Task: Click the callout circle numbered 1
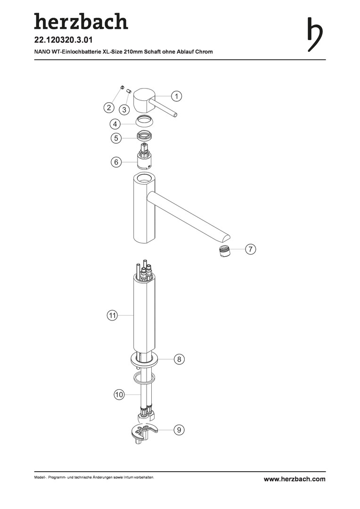pyautogui.click(x=177, y=96)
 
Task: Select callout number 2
pyautogui.click(x=109, y=107)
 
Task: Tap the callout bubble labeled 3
pyautogui.click(x=124, y=110)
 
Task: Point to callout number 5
pyautogui.click(x=116, y=138)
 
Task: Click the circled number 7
pyautogui.click(x=250, y=249)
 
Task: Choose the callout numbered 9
pyautogui.click(x=179, y=430)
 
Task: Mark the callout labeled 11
pyautogui.click(x=112, y=315)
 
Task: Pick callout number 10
pyautogui.click(x=119, y=394)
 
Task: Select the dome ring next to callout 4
pyautogui.click(x=145, y=121)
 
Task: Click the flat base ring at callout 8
pyautogui.click(x=145, y=359)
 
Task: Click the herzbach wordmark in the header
pyautogui.click(x=81, y=21)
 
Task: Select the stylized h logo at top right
pyautogui.click(x=315, y=34)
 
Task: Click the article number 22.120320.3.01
pyautogui.click(x=64, y=40)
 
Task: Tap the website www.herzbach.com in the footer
pyautogui.click(x=295, y=479)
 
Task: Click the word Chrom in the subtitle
pyautogui.click(x=204, y=52)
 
